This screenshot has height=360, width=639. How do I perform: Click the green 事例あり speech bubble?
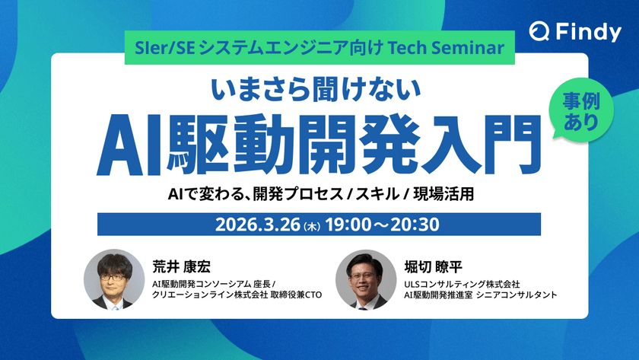coord(580,110)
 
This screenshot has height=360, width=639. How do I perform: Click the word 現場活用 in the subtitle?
coord(450,194)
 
